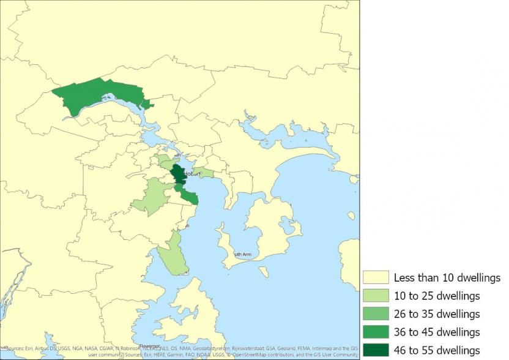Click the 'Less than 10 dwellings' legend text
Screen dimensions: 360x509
447,278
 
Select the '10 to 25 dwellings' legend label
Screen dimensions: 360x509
436,296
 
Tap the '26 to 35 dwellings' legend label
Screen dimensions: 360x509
436,314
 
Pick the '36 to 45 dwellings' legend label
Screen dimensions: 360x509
436,332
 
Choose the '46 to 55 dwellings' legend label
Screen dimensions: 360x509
436,350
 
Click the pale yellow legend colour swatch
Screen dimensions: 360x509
375,278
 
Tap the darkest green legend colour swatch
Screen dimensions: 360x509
375,350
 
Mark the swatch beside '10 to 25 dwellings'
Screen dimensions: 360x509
375,296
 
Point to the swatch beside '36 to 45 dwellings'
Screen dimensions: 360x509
375,332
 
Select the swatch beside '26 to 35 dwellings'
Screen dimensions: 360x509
375,314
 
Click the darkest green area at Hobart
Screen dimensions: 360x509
179,174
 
